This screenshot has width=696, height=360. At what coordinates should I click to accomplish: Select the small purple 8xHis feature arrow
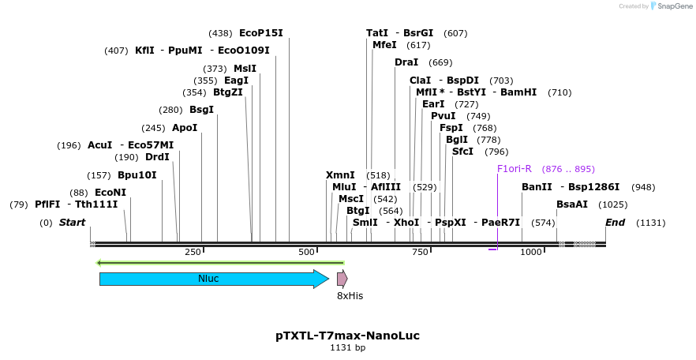pos(342,279)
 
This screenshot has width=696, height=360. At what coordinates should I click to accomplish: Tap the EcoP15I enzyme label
pos(260,33)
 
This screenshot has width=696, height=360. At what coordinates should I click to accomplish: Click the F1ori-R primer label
pos(515,169)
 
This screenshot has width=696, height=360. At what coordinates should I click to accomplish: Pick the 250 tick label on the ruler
pos(193,252)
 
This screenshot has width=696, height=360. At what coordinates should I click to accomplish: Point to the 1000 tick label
pos(531,252)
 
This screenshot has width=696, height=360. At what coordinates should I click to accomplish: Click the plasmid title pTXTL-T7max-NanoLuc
pos(347,336)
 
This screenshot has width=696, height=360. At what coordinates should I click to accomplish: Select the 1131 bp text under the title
pos(347,347)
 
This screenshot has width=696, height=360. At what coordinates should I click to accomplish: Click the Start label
pos(72,223)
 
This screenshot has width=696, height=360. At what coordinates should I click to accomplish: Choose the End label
pos(616,223)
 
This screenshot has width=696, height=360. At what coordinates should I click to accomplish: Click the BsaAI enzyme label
pos(572,204)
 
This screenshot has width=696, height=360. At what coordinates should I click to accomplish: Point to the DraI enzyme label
pos(406,62)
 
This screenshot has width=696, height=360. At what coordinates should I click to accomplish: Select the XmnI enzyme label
pos(340,175)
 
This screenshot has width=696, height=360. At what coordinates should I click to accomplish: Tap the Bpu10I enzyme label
pos(137,175)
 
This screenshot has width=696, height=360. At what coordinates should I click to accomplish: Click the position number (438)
pos(220,33)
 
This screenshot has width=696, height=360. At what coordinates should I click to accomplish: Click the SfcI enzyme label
pos(462,152)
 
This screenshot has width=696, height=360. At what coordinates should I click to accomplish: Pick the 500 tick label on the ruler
pos(306,252)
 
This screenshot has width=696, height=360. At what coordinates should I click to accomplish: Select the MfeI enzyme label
pos(384,45)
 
